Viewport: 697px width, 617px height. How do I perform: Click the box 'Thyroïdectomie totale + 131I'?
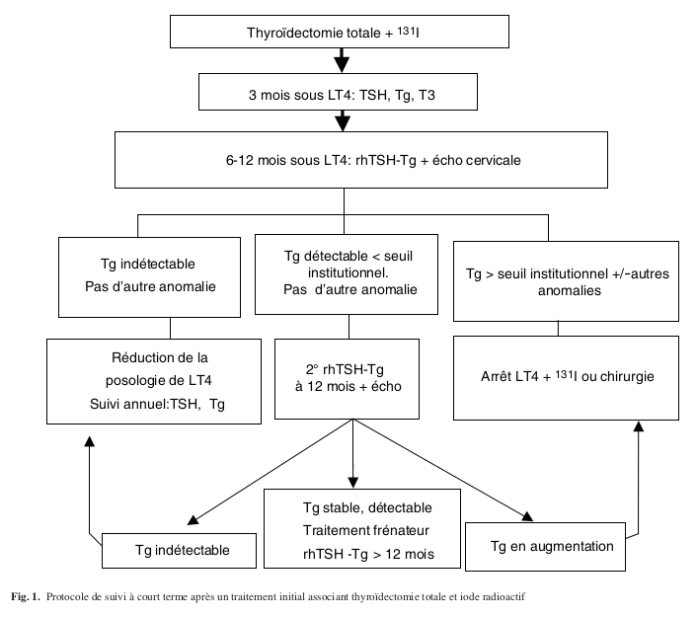[341, 32]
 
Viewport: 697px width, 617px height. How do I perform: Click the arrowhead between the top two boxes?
[342, 64]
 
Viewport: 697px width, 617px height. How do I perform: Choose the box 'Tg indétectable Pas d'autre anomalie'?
[150, 275]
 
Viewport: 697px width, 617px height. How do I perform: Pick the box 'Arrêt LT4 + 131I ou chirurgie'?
[567, 376]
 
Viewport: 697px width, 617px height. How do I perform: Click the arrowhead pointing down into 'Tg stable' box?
[351, 479]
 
